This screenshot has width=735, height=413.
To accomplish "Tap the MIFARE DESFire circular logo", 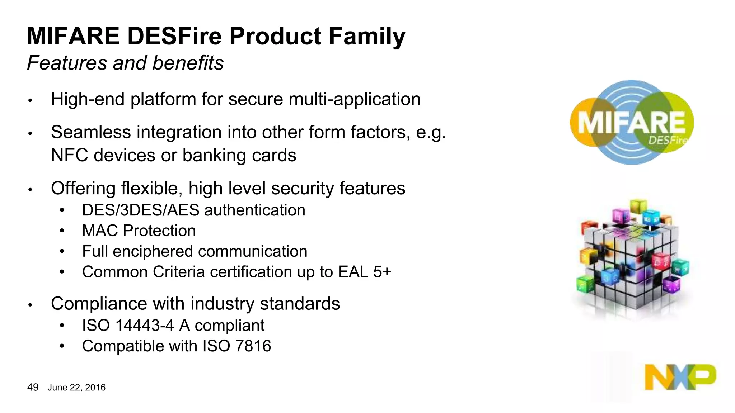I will click(x=631, y=122).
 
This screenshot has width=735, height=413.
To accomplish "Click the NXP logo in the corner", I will click(x=680, y=377).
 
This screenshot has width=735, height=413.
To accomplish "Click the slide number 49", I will click(x=33, y=387).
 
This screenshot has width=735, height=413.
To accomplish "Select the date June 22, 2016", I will click(x=76, y=388).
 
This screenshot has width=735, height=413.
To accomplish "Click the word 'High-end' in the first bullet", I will click(x=88, y=99).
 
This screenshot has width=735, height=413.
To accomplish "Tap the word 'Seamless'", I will click(x=91, y=132).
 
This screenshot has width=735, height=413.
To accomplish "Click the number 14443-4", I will click(x=145, y=326).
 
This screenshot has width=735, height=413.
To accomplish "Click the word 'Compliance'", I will click(x=99, y=304).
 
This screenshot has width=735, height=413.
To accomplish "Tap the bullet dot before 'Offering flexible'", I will click(x=31, y=190).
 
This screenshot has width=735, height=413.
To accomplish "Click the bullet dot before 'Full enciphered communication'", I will click(x=62, y=252).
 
